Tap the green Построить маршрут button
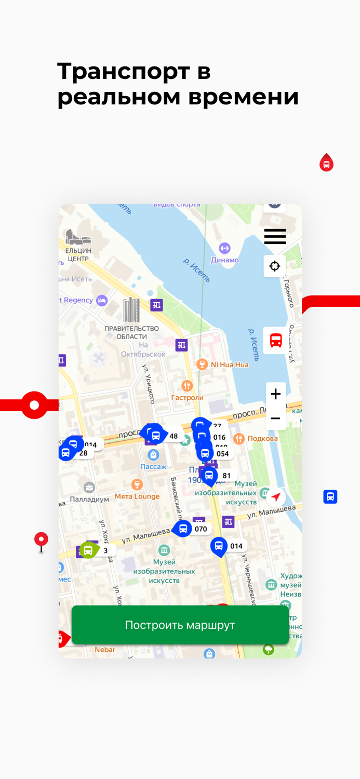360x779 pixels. coord(180,625)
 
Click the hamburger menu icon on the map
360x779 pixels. coord(275,236)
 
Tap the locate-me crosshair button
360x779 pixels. coord(275,266)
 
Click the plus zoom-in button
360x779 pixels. coord(276,394)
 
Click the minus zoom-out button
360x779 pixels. coord(276,418)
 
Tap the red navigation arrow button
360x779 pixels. coord(276,497)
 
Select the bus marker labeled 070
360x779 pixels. coord(183,529)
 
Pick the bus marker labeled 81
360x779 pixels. coord(209,475)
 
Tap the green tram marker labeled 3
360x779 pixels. coord(88,550)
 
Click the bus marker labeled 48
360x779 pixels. coord(156,435)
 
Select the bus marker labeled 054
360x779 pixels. coord(205,453)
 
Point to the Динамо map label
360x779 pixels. coord(224,260)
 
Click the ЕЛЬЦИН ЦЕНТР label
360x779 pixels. coord(78,254)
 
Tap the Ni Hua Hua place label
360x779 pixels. coord(229,365)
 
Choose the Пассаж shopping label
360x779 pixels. coord(153,466)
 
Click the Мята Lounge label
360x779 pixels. coord(137,496)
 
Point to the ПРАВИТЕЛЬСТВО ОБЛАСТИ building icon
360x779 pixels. coord(131,310)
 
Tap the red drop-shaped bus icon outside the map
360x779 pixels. coord(326,163)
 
